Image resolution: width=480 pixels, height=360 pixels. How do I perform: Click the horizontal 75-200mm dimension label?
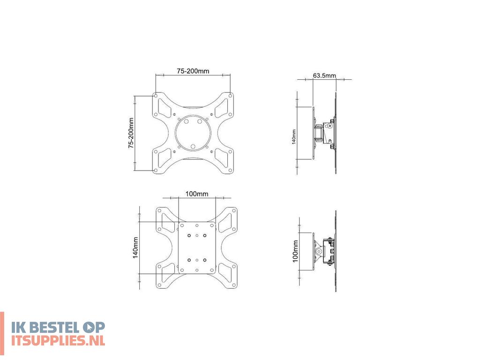point(193,71)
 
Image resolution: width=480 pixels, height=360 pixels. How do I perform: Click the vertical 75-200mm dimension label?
point(132,133)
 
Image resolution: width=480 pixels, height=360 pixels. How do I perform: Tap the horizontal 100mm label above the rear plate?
point(197,194)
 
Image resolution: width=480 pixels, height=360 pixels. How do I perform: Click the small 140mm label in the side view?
point(294,137)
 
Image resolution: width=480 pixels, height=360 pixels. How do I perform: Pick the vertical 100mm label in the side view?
point(295,251)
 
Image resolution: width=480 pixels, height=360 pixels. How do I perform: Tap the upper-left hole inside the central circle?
point(187,121)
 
